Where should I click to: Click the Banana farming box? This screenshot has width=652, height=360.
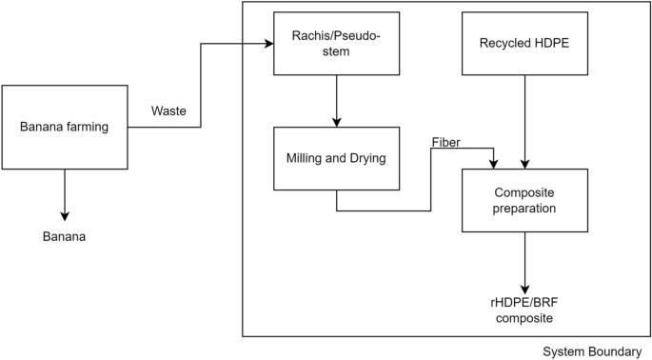click(x=65, y=128)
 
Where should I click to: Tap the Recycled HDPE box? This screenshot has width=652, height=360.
click(x=524, y=43)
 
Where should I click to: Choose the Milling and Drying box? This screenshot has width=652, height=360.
click(x=336, y=158)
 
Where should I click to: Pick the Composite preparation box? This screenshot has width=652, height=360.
click(x=524, y=200)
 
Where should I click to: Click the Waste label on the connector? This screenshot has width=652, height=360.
click(x=169, y=111)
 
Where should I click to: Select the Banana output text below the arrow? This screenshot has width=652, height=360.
click(x=65, y=236)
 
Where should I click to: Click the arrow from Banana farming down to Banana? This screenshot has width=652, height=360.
click(x=65, y=194)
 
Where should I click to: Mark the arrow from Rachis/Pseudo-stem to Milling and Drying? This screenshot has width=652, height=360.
click(x=336, y=100)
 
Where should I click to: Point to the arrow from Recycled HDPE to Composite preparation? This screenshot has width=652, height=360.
click(x=524, y=122)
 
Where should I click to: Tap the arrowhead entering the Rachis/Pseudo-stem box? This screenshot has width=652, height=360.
click(x=267, y=43)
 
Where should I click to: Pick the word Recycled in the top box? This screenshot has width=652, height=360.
click(x=503, y=43)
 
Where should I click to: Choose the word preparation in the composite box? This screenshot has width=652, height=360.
click(x=524, y=209)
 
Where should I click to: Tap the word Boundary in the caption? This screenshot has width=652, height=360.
click(x=618, y=351)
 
